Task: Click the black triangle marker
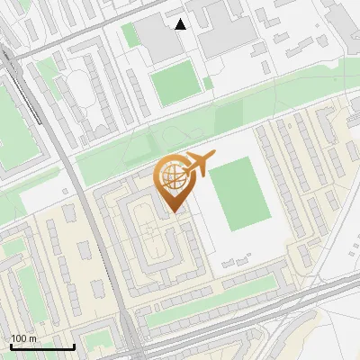[181, 24]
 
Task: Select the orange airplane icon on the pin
[200, 164]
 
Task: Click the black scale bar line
[42, 347]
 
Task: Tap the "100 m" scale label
[24, 338]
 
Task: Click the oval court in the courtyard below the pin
[154, 241]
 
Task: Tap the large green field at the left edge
[13, 126]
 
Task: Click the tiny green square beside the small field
[208, 84]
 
